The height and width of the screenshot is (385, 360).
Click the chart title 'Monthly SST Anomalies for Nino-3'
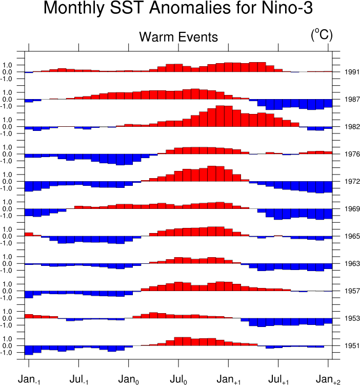tap(178, 9)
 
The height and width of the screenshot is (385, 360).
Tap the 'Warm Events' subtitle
tap(178, 37)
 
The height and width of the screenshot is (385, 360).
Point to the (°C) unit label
tap(322, 35)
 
